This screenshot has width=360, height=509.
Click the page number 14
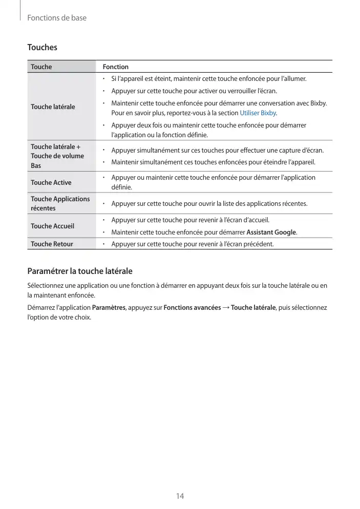[180, 496]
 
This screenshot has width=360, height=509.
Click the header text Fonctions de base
[57, 18]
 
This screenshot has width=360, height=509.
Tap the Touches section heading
[42, 48]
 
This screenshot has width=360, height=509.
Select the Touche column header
[41, 67]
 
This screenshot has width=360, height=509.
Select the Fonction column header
[116, 67]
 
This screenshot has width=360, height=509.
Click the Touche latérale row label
[53, 107]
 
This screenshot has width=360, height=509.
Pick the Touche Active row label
[51, 182]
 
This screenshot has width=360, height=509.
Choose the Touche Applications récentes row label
[60, 203]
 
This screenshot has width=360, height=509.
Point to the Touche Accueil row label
[52, 226]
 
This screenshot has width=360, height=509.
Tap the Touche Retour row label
[52, 244]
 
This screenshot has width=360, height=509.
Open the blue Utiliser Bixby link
[258, 113]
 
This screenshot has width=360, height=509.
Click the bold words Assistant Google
[271, 232]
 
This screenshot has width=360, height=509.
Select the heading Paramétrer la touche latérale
[80, 271]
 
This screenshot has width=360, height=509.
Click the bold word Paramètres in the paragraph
[109, 308]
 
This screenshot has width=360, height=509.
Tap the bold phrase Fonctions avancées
[192, 308]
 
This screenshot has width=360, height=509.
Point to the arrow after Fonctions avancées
[226, 308]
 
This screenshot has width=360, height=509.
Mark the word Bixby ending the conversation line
[319, 103]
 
